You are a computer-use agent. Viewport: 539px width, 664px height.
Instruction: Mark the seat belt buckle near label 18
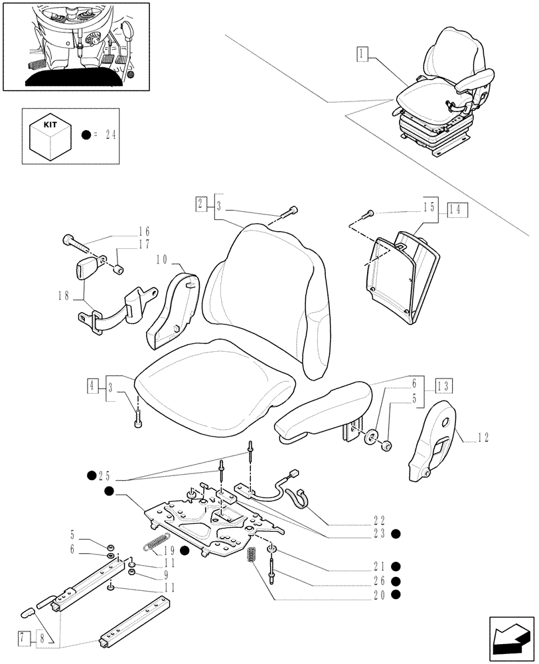coord(86,271)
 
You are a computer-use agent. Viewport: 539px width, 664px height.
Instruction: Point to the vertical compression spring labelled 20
coord(252,555)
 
